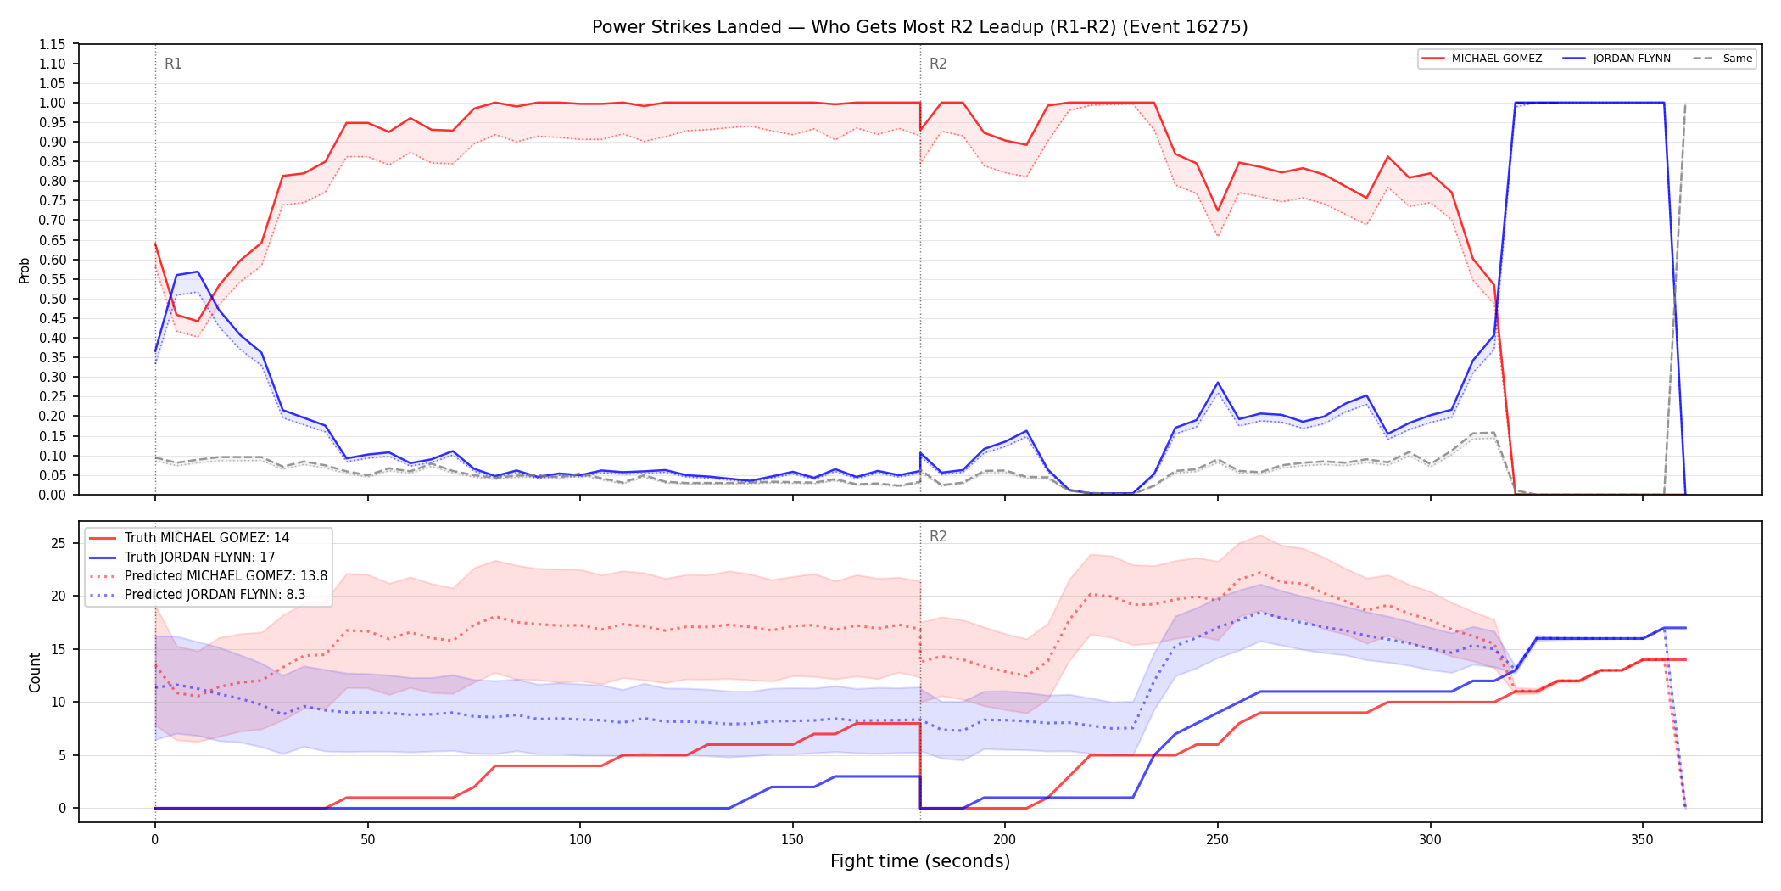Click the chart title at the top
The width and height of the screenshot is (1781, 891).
[919, 27]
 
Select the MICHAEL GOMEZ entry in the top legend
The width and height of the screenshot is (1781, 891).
[1482, 59]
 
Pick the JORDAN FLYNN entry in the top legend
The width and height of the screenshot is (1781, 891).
[1616, 59]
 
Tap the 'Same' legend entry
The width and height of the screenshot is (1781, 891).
[1722, 59]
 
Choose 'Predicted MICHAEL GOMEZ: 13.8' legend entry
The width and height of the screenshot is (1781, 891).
[209, 575]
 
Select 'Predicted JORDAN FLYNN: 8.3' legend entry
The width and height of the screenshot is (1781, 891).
[198, 594]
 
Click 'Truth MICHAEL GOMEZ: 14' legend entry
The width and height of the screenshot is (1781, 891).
[189, 538]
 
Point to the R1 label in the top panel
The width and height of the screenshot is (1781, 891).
[173, 64]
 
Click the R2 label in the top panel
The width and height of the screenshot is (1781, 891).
[938, 64]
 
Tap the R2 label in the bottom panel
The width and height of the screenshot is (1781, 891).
[938, 536]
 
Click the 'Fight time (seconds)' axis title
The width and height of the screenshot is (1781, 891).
[920, 861]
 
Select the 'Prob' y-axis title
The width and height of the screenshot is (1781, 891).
[25, 270]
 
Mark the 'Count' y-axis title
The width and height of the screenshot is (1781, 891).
[35, 672]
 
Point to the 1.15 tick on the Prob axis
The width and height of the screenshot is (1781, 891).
[52, 44]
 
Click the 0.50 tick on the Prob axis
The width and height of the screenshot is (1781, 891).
[52, 299]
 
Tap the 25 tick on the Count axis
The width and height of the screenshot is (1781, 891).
[59, 543]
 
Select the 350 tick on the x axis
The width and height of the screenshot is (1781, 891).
[1643, 840]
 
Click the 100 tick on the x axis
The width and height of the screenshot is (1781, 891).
[580, 840]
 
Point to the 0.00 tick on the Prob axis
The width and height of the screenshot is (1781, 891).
[52, 495]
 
